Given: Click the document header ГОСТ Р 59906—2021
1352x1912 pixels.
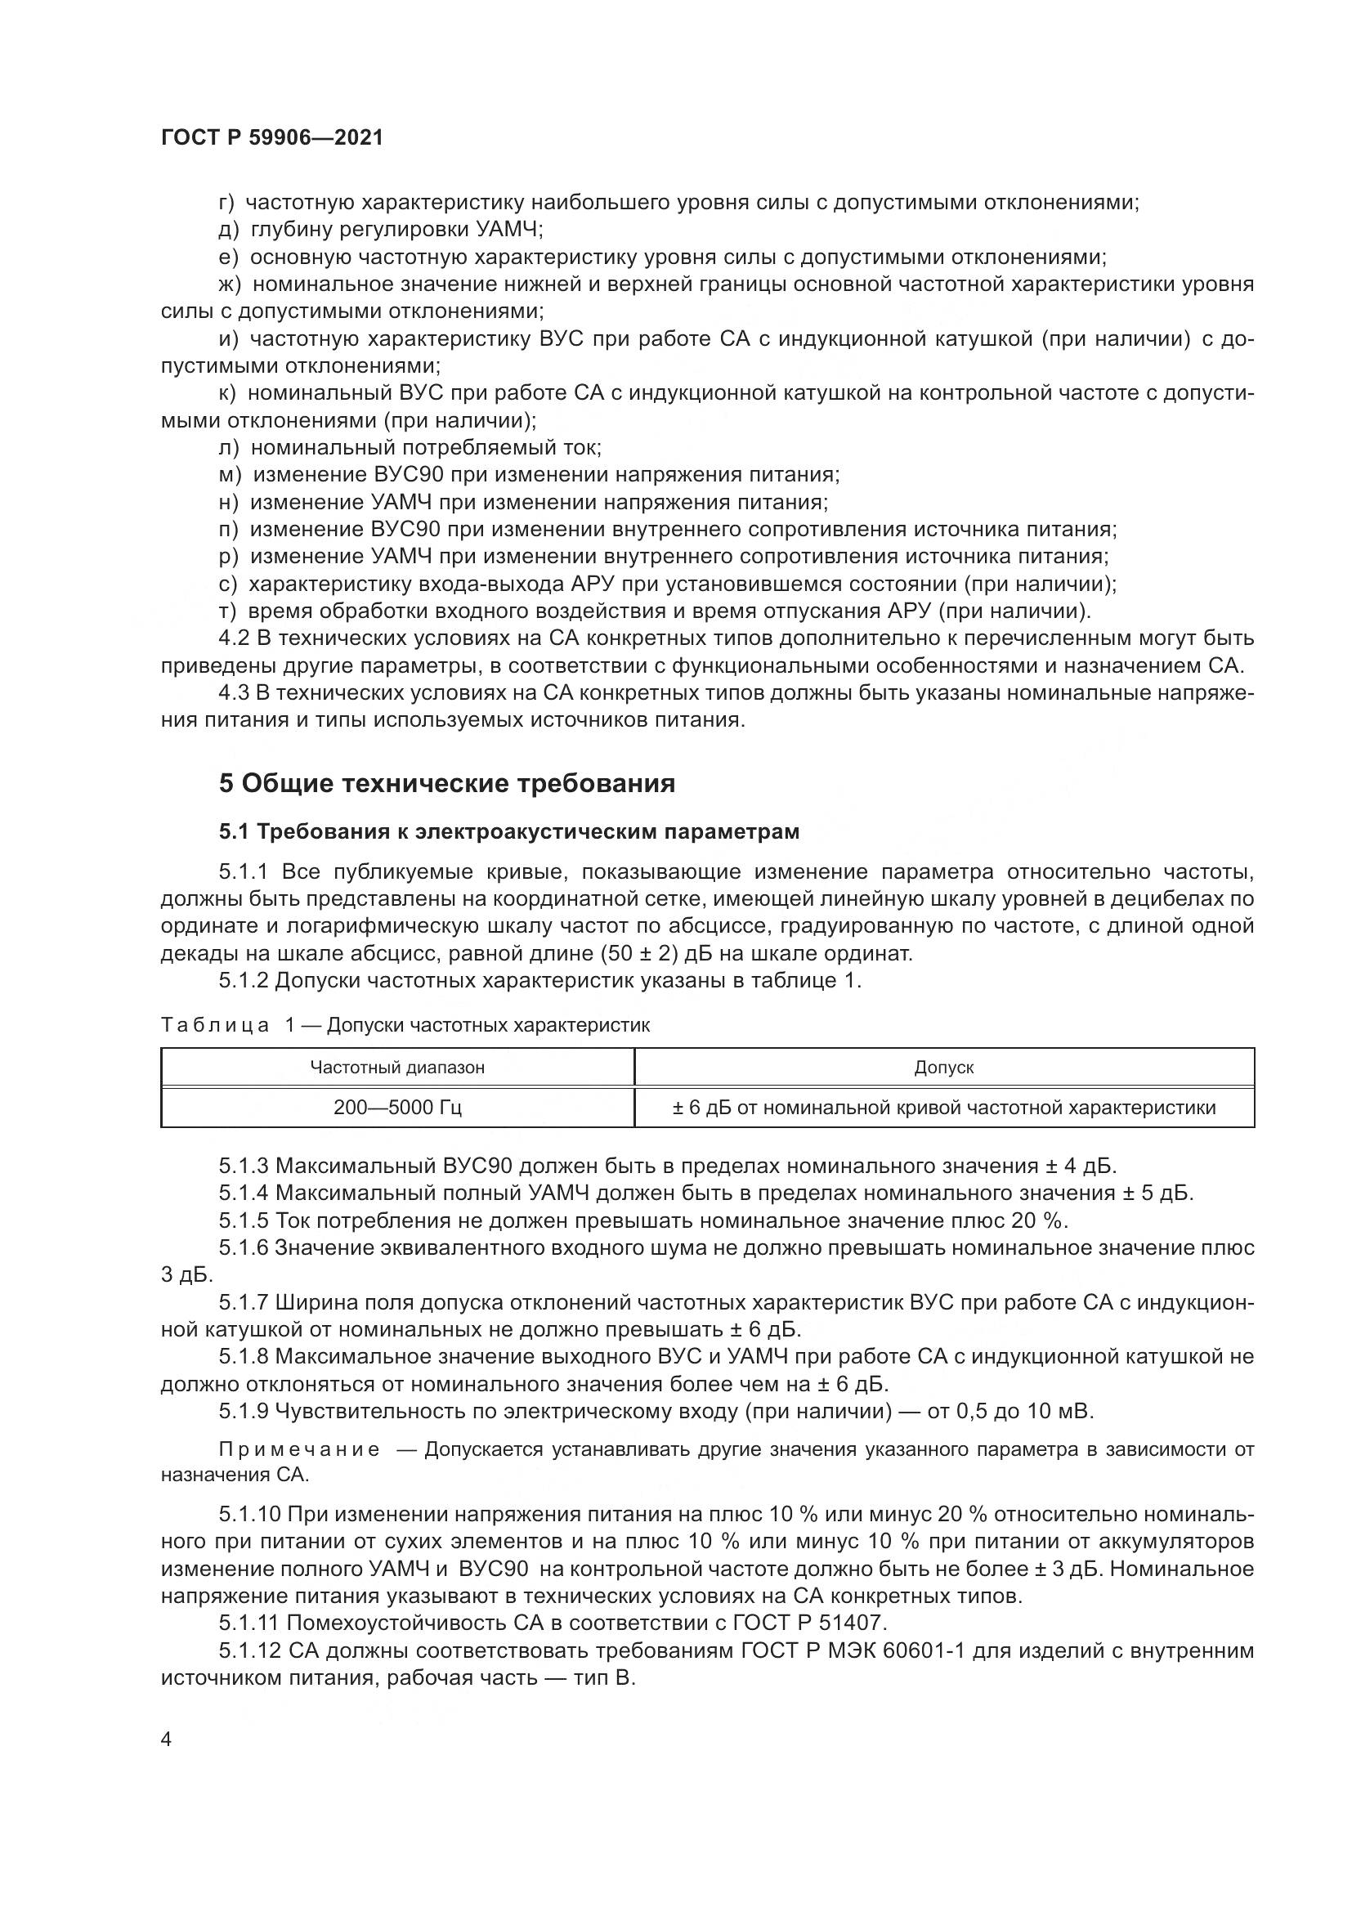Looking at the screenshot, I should [x=272, y=138].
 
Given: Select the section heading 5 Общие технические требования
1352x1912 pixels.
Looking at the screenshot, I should [x=447, y=784].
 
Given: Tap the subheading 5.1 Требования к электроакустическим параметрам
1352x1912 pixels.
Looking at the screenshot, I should [x=508, y=832].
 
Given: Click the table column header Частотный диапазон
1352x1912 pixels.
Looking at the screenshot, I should [x=397, y=1068].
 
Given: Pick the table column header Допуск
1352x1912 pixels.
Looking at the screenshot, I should [x=943, y=1068].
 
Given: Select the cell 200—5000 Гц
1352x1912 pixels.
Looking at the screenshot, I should [x=397, y=1108].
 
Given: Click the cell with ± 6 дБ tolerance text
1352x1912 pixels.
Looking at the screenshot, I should [x=943, y=1108].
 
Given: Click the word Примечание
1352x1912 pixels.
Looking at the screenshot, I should [x=299, y=1450].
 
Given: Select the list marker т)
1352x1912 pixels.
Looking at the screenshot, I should [x=228, y=611].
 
